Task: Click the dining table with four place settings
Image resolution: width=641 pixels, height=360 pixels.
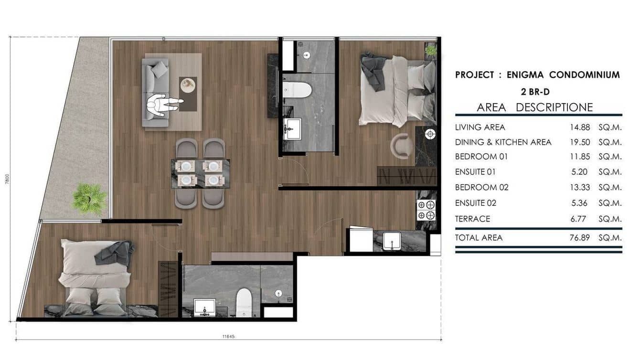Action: click(200, 173)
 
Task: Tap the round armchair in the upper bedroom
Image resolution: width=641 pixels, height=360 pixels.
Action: click(402, 145)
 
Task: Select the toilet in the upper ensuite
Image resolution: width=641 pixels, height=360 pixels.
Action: click(297, 90)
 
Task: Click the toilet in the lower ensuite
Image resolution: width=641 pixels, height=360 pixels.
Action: click(244, 301)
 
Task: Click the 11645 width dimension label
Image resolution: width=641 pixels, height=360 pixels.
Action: click(228, 336)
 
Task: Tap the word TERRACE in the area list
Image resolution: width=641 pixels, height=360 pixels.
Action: click(472, 219)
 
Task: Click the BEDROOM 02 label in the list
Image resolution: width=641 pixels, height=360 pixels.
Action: click(481, 187)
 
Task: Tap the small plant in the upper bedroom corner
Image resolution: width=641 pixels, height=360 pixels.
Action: click(431, 50)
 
